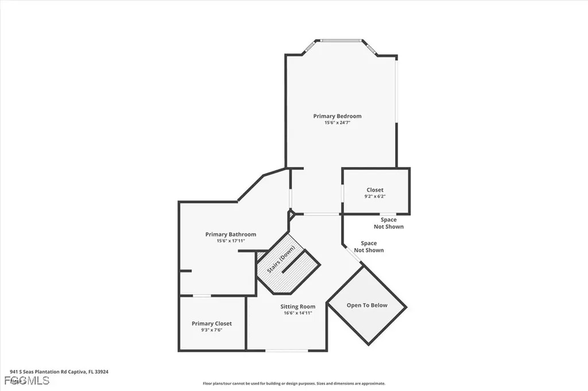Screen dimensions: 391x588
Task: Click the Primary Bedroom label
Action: click(337, 116)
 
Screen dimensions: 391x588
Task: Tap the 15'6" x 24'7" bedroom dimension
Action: click(337, 122)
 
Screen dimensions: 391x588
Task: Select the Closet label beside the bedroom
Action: click(375, 190)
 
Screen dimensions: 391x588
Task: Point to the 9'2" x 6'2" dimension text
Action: click(375, 196)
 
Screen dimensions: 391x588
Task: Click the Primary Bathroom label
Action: click(231, 234)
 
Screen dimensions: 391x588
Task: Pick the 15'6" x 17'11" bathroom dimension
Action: click(231, 241)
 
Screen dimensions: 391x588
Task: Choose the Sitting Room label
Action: click(297, 307)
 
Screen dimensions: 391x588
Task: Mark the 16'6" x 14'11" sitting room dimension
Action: click(297, 313)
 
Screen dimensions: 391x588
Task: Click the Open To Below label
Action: click(367, 305)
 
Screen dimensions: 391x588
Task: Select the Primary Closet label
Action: click(212, 324)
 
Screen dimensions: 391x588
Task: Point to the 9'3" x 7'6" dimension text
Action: click(212, 330)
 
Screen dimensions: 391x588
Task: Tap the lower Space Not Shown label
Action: click(369, 247)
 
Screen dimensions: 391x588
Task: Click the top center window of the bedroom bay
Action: click(341, 40)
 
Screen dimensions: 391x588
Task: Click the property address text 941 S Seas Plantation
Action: click(59, 371)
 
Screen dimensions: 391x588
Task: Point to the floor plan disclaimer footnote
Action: click(293, 384)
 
